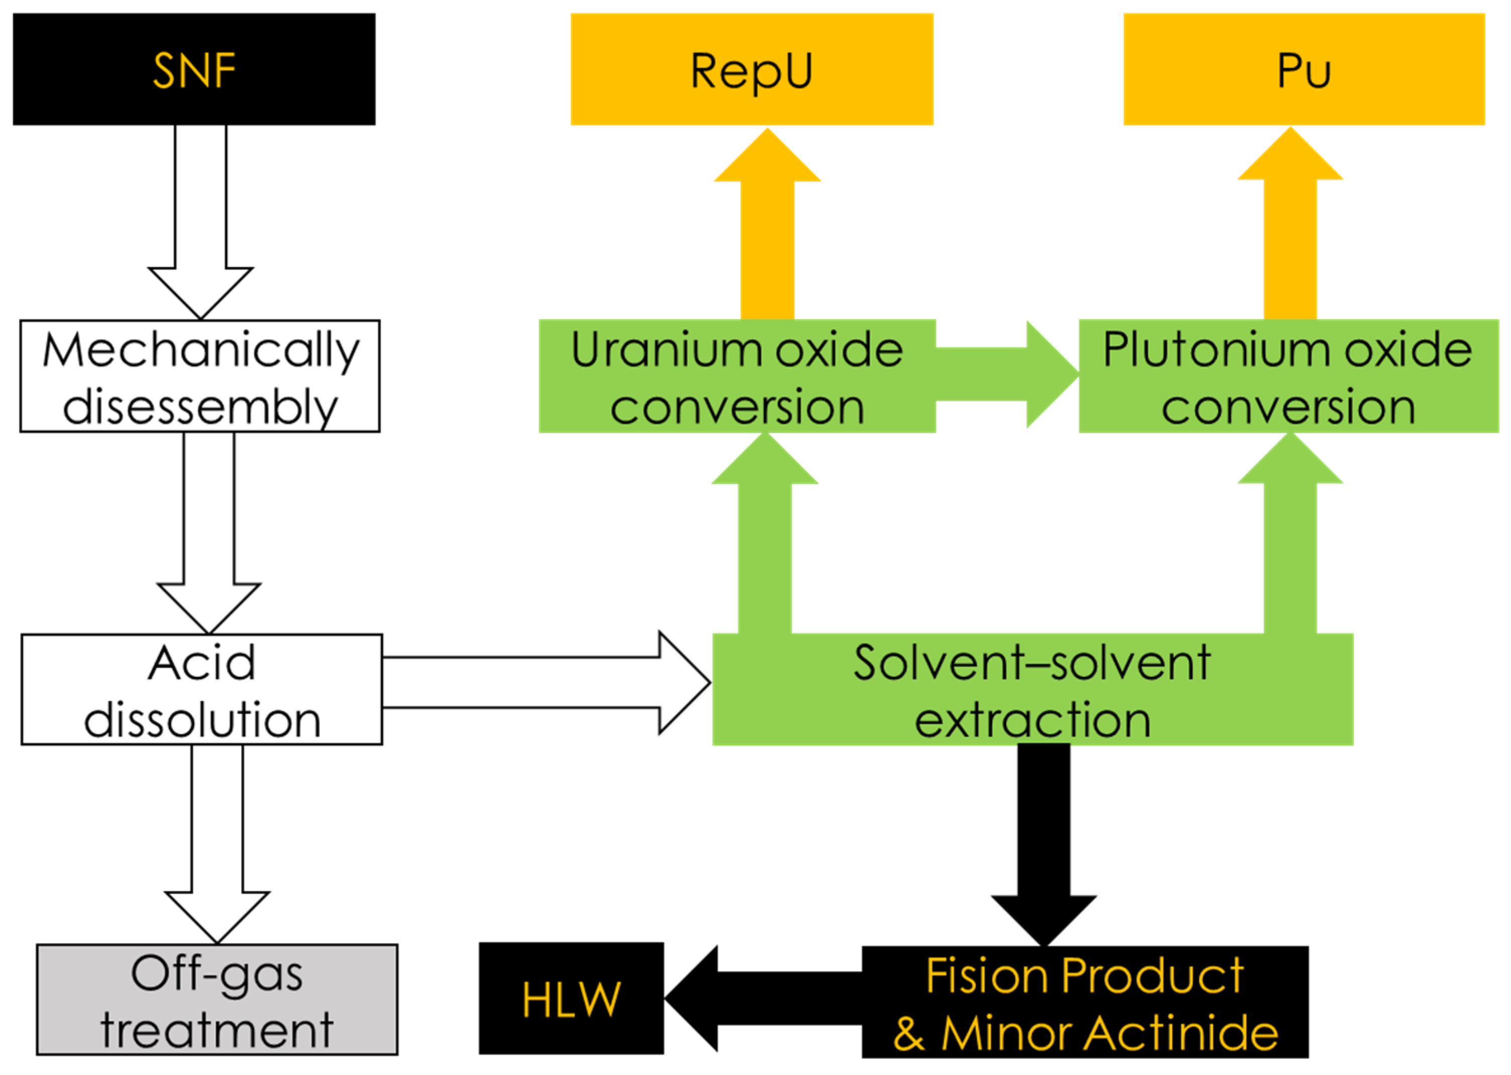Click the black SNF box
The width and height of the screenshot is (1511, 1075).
coord(193,69)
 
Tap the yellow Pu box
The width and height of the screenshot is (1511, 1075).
coord(1303,69)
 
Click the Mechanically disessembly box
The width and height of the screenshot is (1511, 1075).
coord(199,375)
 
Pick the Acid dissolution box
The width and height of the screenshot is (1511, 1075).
coord(201,689)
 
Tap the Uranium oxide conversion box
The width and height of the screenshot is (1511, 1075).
coord(736,375)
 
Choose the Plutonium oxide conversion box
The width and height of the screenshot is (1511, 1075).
coord(1288,375)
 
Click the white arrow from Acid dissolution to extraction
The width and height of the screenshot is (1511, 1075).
coord(543,683)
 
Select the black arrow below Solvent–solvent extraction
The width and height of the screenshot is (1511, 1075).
coord(1043,841)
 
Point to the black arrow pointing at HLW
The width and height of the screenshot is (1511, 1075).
coord(762,998)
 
